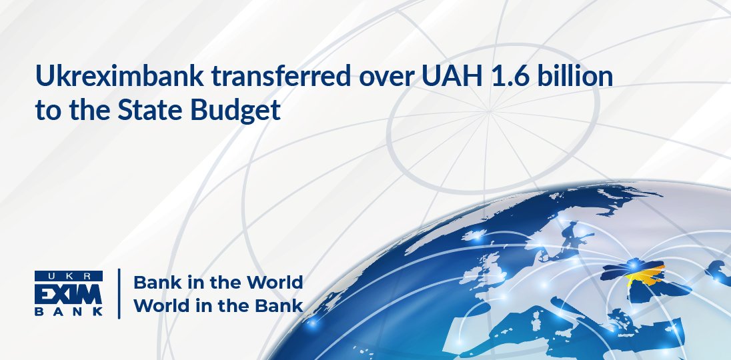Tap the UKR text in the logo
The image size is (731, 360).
pyautogui.click(x=69, y=275)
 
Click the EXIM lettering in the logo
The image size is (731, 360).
pyautogui.click(x=69, y=293)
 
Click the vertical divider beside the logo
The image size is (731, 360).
pyautogui.click(x=119, y=293)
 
